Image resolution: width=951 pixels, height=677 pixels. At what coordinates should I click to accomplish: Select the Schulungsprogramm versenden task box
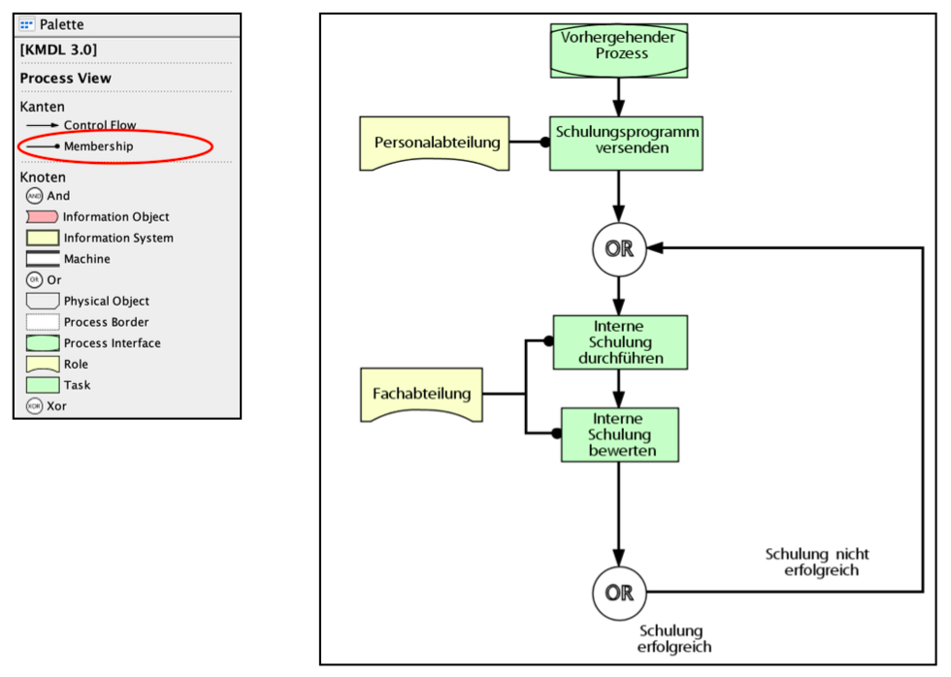tap(626, 142)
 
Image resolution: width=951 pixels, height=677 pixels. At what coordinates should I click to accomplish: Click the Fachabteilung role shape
tap(421, 394)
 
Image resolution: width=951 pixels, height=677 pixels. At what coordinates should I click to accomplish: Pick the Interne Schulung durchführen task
tap(620, 341)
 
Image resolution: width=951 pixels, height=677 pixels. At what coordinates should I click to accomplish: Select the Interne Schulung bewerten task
tap(620, 434)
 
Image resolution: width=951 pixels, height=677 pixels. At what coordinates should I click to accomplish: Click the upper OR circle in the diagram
tap(619, 248)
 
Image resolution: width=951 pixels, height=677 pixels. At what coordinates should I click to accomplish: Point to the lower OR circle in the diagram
tap(619, 592)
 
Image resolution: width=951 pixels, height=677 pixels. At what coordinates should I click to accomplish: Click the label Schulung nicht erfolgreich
tap(817, 563)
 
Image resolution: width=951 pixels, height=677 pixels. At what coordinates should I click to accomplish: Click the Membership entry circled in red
tap(98, 146)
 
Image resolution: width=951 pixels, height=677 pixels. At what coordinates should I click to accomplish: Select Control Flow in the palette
tap(100, 125)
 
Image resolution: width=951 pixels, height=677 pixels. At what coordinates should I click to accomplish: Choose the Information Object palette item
tap(115, 217)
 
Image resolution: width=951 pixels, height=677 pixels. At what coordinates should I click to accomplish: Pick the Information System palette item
tap(118, 238)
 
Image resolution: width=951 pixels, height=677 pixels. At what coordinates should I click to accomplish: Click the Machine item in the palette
tap(86, 259)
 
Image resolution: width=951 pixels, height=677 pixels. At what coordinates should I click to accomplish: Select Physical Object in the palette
tap(106, 301)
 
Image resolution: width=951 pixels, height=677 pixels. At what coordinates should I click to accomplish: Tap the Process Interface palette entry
tap(112, 343)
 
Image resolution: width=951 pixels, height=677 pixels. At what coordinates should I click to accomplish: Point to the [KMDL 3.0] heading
tap(58, 49)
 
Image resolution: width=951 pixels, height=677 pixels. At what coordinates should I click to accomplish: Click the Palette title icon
tap(27, 24)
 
